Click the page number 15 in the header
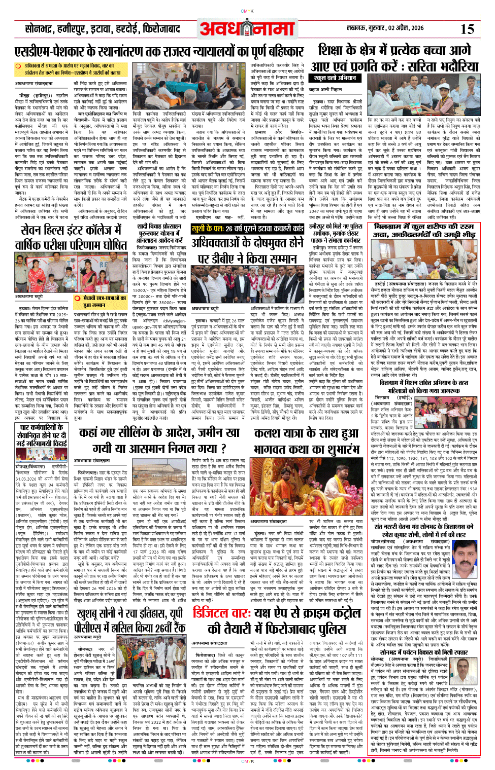pyautogui.click(x=467, y=29)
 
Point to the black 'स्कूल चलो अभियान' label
pyautogui.click(x=335, y=78)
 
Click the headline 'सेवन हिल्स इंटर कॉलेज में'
pyautogui.click(x=74, y=231)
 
